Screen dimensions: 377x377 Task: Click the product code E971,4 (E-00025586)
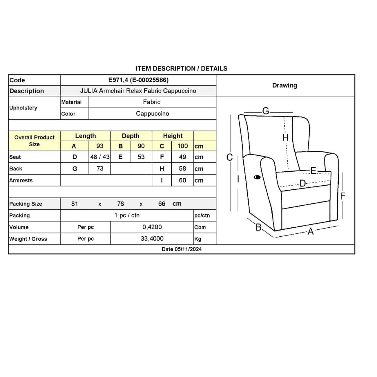(138, 80)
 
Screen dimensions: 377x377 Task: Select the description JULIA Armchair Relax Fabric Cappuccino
(138, 91)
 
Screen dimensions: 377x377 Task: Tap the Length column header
(85, 136)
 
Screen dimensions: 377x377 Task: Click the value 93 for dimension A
(100, 146)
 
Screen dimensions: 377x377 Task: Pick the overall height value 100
(183, 146)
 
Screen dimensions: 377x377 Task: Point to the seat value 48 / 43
(100, 157)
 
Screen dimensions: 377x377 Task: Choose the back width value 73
(100, 168)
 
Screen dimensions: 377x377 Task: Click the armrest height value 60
(182, 180)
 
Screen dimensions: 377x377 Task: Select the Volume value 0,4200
(152, 227)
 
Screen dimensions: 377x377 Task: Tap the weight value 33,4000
(152, 239)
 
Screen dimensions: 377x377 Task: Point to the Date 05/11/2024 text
(182, 249)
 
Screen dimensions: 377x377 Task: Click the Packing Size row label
(26, 204)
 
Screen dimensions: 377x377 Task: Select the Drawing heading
(284, 85)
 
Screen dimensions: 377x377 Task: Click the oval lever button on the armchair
(257, 177)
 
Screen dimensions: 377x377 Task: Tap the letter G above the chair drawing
(266, 111)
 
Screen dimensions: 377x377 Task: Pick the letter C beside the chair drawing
(229, 157)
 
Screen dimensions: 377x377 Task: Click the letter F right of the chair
(343, 196)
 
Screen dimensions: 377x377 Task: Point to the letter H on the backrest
(285, 137)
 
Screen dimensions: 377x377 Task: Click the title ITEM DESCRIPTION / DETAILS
(182, 68)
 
